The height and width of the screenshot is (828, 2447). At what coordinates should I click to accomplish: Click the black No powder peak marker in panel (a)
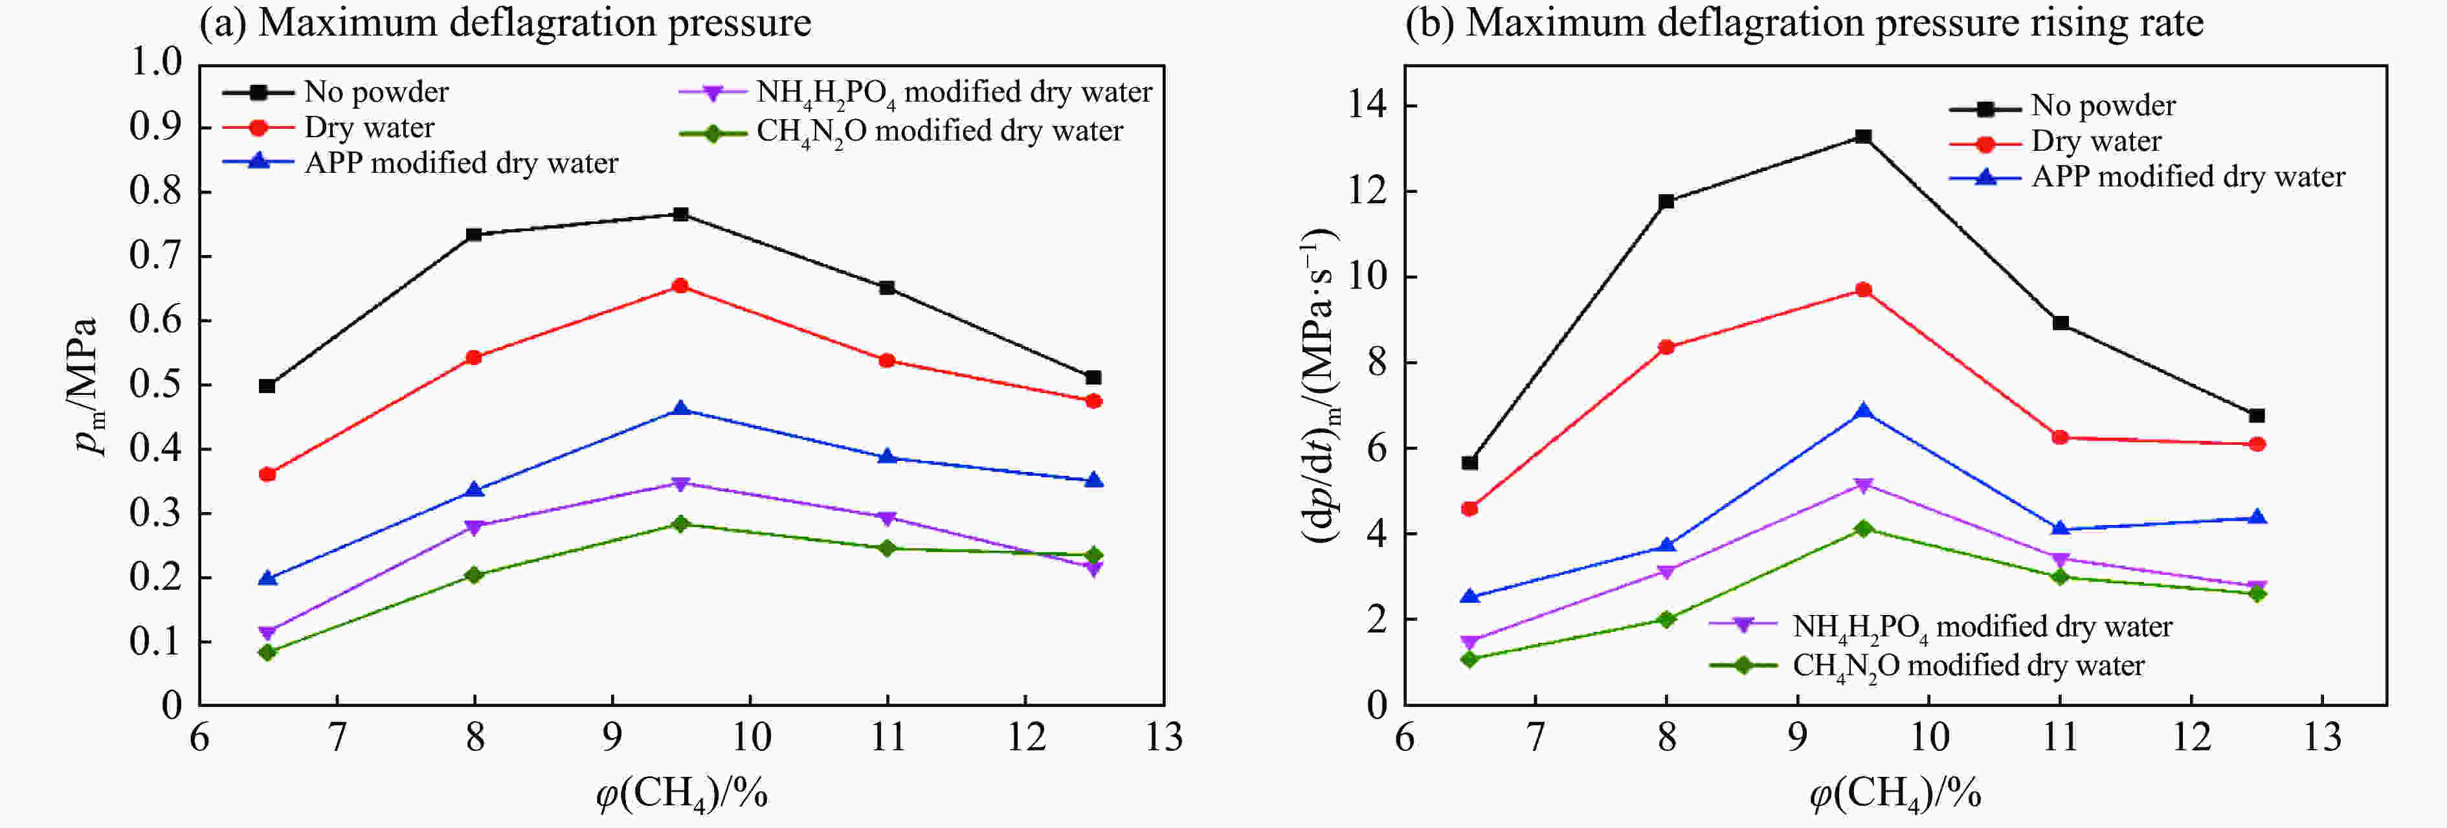680,214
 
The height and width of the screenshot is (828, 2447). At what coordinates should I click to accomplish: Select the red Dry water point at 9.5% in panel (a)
680,285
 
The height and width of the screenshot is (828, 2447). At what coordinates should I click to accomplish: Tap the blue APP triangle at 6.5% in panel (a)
268,577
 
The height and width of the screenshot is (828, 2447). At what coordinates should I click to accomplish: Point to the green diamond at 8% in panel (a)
474,574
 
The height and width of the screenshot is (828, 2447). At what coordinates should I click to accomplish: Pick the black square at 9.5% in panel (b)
1863,137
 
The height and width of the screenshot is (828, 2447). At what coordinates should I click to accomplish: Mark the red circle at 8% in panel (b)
1666,348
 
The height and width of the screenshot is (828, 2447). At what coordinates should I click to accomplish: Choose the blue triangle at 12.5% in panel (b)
2257,517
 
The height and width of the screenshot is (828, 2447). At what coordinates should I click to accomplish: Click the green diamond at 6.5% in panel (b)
1469,659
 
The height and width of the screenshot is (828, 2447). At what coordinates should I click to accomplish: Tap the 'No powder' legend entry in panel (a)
375,92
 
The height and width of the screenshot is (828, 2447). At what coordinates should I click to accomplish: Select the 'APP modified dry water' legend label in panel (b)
2187,177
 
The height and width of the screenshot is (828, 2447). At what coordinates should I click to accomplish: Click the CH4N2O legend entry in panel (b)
1967,666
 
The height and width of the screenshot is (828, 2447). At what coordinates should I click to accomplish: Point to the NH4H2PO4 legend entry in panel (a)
953,92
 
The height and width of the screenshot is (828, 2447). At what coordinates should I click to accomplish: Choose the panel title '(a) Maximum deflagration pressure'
506,23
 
